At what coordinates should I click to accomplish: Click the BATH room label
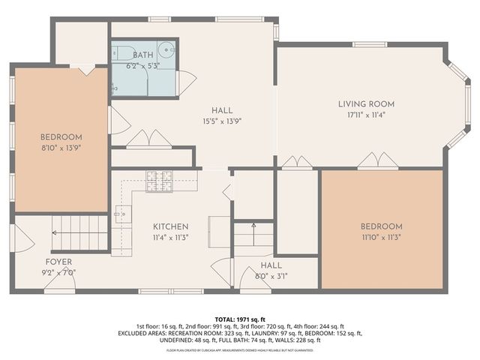click(142, 55)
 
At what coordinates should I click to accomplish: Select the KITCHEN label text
click(171, 226)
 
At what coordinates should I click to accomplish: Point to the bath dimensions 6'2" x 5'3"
click(142, 66)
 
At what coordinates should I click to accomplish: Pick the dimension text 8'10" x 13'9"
click(61, 149)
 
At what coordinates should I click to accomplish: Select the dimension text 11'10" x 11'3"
click(381, 238)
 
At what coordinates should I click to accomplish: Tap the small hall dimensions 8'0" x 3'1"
click(271, 276)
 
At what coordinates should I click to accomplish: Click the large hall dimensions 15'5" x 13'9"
click(221, 121)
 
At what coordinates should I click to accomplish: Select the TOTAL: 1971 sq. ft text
click(240, 319)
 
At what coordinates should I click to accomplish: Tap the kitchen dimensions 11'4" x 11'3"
click(171, 238)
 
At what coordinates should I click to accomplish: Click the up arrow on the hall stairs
click(253, 225)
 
